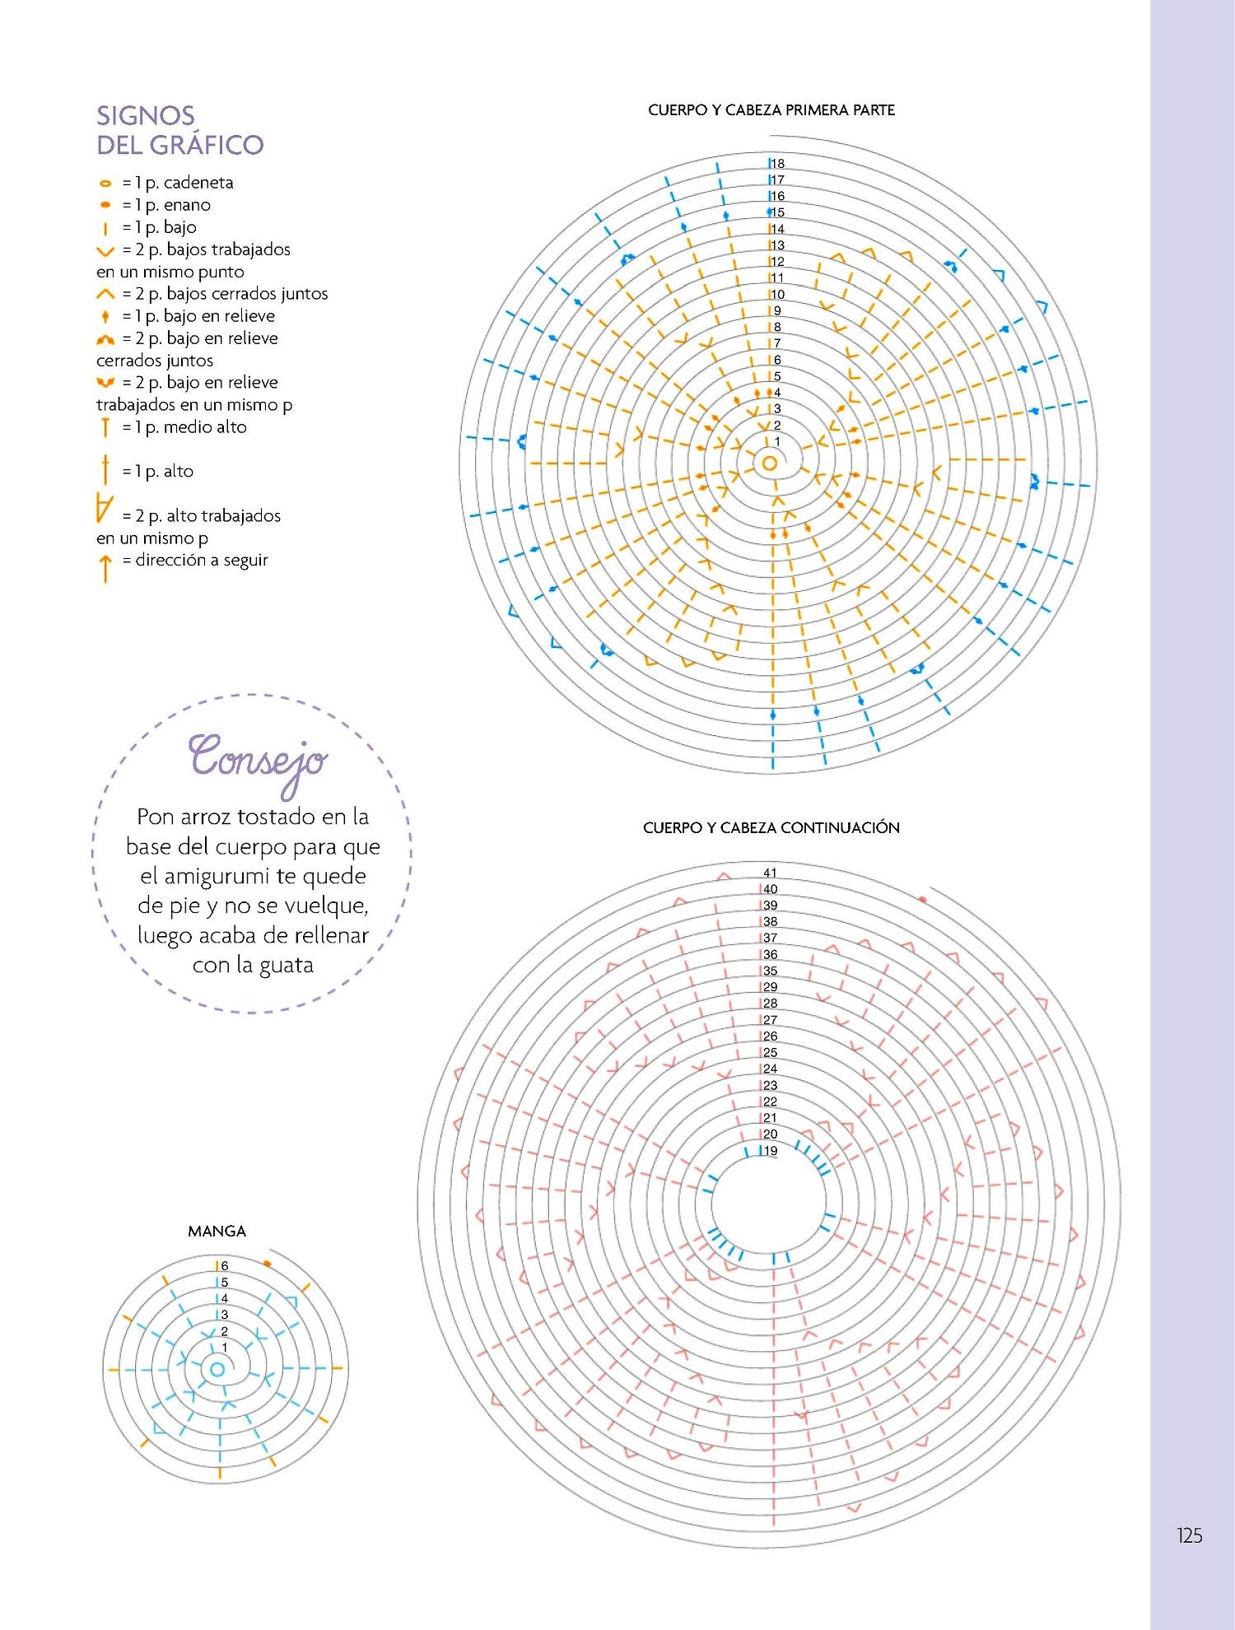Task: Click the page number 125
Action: [1190, 1535]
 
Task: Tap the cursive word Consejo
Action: [258, 761]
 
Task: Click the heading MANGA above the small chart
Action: [217, 1231]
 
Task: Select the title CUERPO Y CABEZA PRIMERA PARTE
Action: [771, 110]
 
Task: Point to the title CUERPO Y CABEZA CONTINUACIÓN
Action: [771, 827]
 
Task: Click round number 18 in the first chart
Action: [777, 163]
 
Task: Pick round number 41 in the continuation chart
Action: [770, 873]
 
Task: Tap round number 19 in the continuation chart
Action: [770, 1150]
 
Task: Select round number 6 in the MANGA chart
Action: [224, 1265]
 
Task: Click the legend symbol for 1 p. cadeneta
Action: [105, 184]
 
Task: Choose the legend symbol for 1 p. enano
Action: [105, 205]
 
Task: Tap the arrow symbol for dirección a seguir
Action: [105, 568]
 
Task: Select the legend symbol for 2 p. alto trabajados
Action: [104, 508]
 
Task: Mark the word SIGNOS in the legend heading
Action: [146, 115]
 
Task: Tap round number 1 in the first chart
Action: [776, 441]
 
